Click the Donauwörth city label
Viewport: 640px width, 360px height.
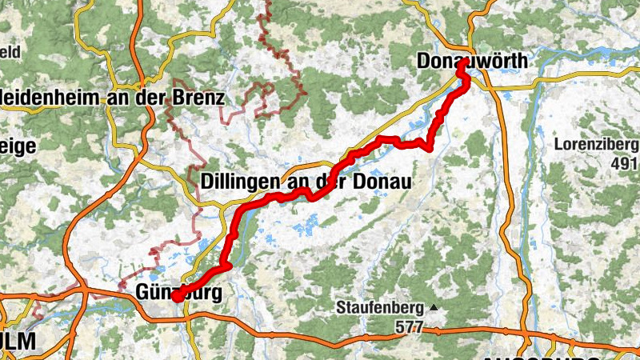(473, 60)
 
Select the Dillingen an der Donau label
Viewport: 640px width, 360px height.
(306, 182)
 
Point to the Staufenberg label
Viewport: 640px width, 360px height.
(381, 307)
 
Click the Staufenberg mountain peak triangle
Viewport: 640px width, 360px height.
(434, 307)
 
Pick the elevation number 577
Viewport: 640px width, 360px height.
(409, 327)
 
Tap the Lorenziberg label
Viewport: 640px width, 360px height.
(596, 146)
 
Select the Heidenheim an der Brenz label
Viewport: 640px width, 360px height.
(113, 98)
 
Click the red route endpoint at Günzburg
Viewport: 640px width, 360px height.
(175, 297)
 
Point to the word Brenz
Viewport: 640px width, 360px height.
(199, 98)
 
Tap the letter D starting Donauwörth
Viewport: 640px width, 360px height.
(424, 60)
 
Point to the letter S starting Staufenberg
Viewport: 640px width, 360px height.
(341, 307)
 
